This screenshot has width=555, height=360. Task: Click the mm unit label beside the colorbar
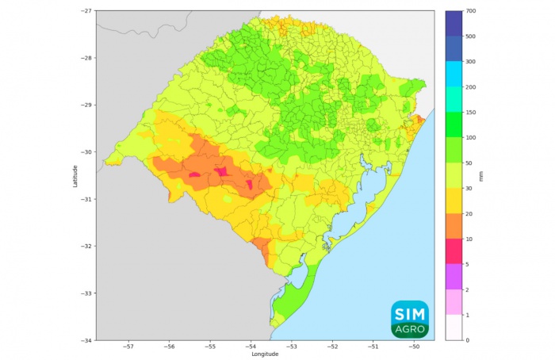pyautogui.click(x=492, y=175)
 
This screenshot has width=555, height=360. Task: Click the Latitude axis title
pyautogui.click(x=75, y=175)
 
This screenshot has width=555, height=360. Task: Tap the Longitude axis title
pyautogui.click(x=265, y=354)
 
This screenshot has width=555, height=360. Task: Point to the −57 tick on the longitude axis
pyautogui.click(x=128, y=347)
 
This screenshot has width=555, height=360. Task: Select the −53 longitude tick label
pyautogui.click(x=292, y=347)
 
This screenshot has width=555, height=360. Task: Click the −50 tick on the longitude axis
pyautogui.click(x=414, y=347)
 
